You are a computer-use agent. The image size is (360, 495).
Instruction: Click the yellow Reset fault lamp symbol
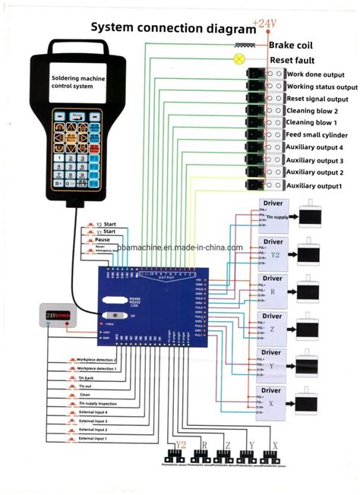(240, 58)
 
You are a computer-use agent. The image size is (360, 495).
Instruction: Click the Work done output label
(316, 74)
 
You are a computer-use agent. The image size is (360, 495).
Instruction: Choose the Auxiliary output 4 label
(314, 147)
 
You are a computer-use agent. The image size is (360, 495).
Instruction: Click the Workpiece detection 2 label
(96, 358)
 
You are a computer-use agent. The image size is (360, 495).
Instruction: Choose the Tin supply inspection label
(99, 402)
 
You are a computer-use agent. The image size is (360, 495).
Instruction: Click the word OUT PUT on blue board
(166, 278)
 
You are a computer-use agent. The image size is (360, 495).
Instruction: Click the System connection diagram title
(173, 28)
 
